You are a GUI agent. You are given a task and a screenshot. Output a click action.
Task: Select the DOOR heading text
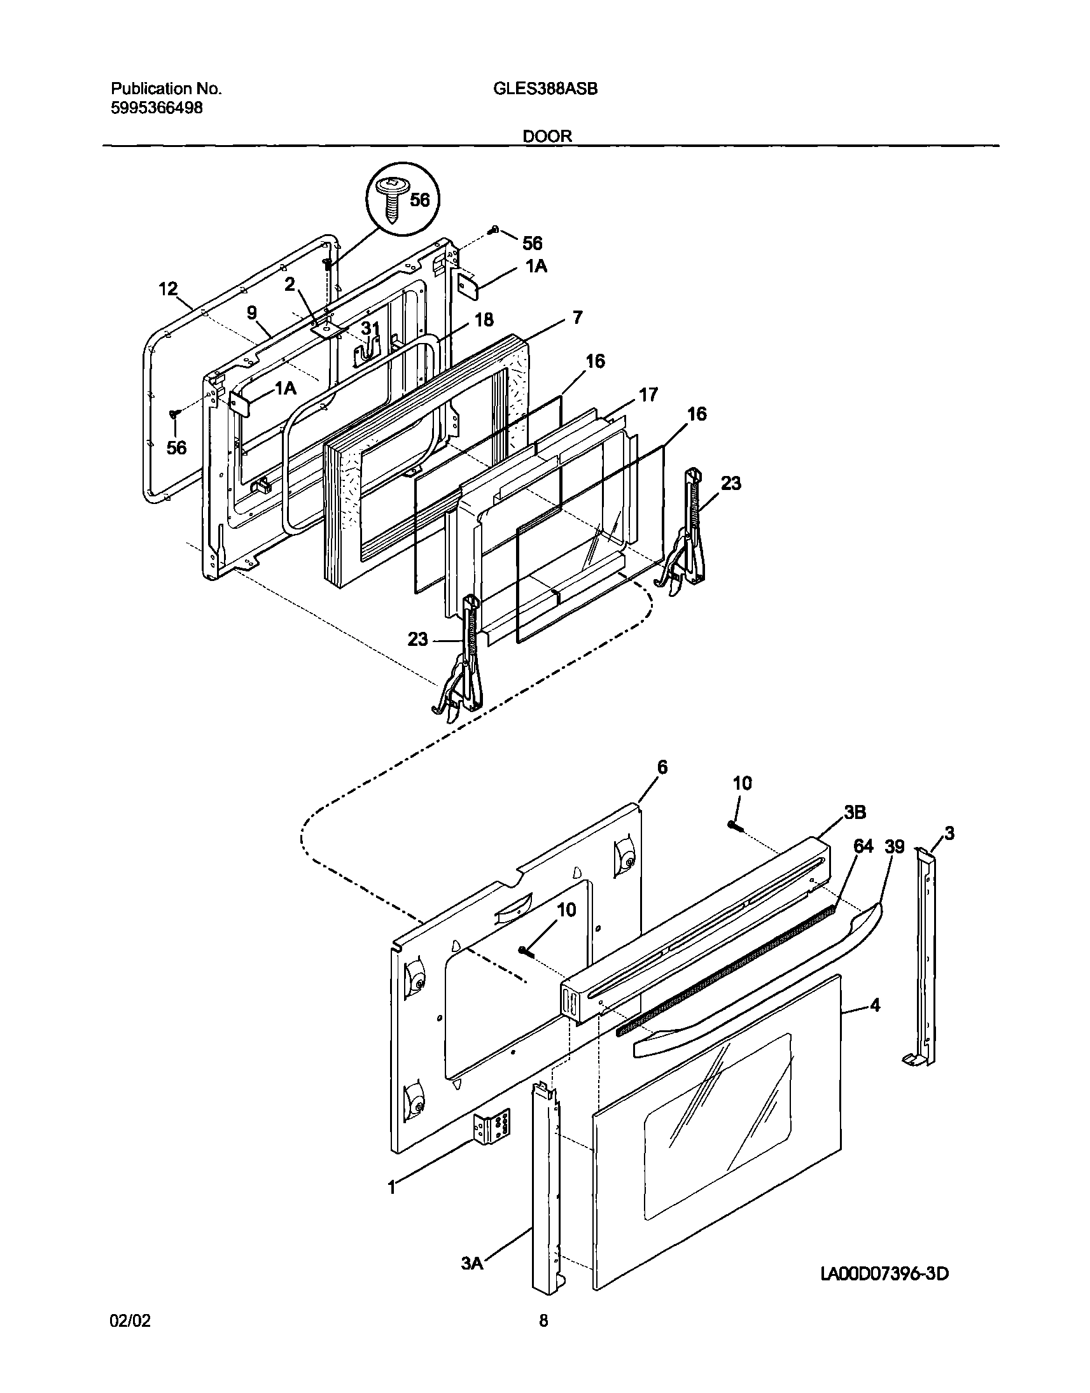coord(548,136)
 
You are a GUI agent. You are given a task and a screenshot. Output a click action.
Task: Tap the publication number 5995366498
coord(157,108)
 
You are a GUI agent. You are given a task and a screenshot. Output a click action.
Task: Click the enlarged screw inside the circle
coord(391,199)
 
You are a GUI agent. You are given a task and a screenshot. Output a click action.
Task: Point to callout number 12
coord(168,289)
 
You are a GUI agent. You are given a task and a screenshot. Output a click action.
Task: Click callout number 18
coord(484,319)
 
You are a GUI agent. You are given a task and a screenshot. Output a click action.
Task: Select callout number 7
coord(577,317)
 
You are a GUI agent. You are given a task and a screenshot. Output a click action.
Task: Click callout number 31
coord(371,328)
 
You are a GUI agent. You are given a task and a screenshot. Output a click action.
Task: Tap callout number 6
coord(662,767)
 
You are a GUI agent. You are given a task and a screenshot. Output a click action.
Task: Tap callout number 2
coord(290,284)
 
